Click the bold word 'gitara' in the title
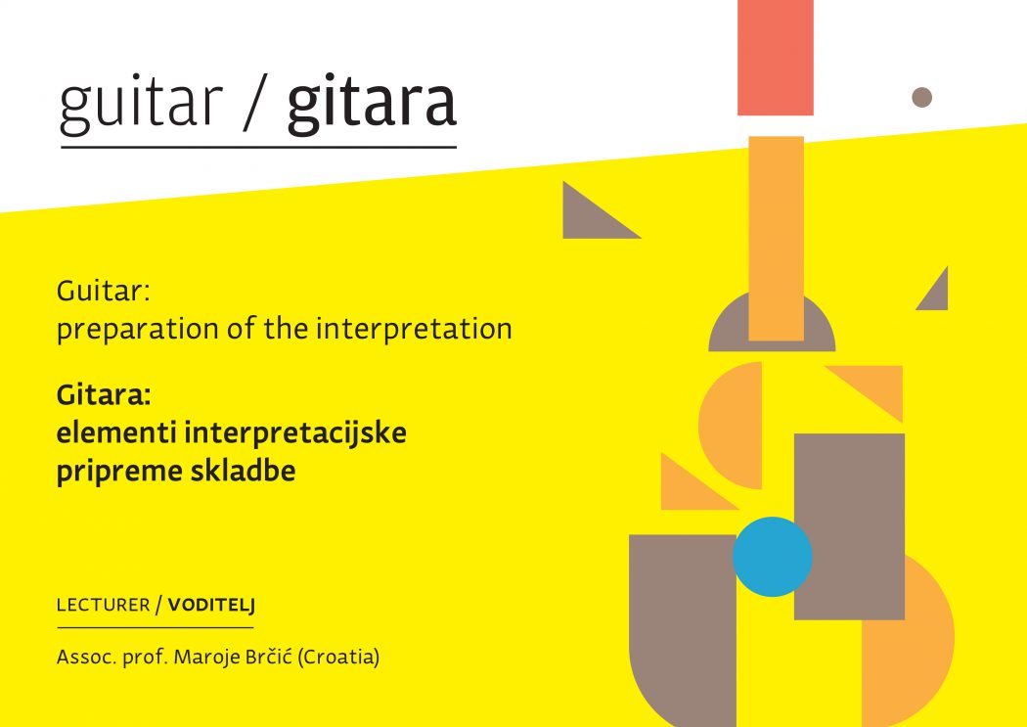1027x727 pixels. (372, 105)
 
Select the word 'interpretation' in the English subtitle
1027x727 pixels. (414, 328)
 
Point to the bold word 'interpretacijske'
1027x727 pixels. (295, 432)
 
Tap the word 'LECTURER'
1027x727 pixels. (104, 605)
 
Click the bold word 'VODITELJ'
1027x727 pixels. (211, 605)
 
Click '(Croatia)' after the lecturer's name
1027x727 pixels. (338, 657)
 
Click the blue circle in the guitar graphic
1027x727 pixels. (773, 557)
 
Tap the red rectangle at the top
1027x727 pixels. (776, 58)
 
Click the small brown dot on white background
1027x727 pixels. (921, 97)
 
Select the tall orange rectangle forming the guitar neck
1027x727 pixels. (777, 239)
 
